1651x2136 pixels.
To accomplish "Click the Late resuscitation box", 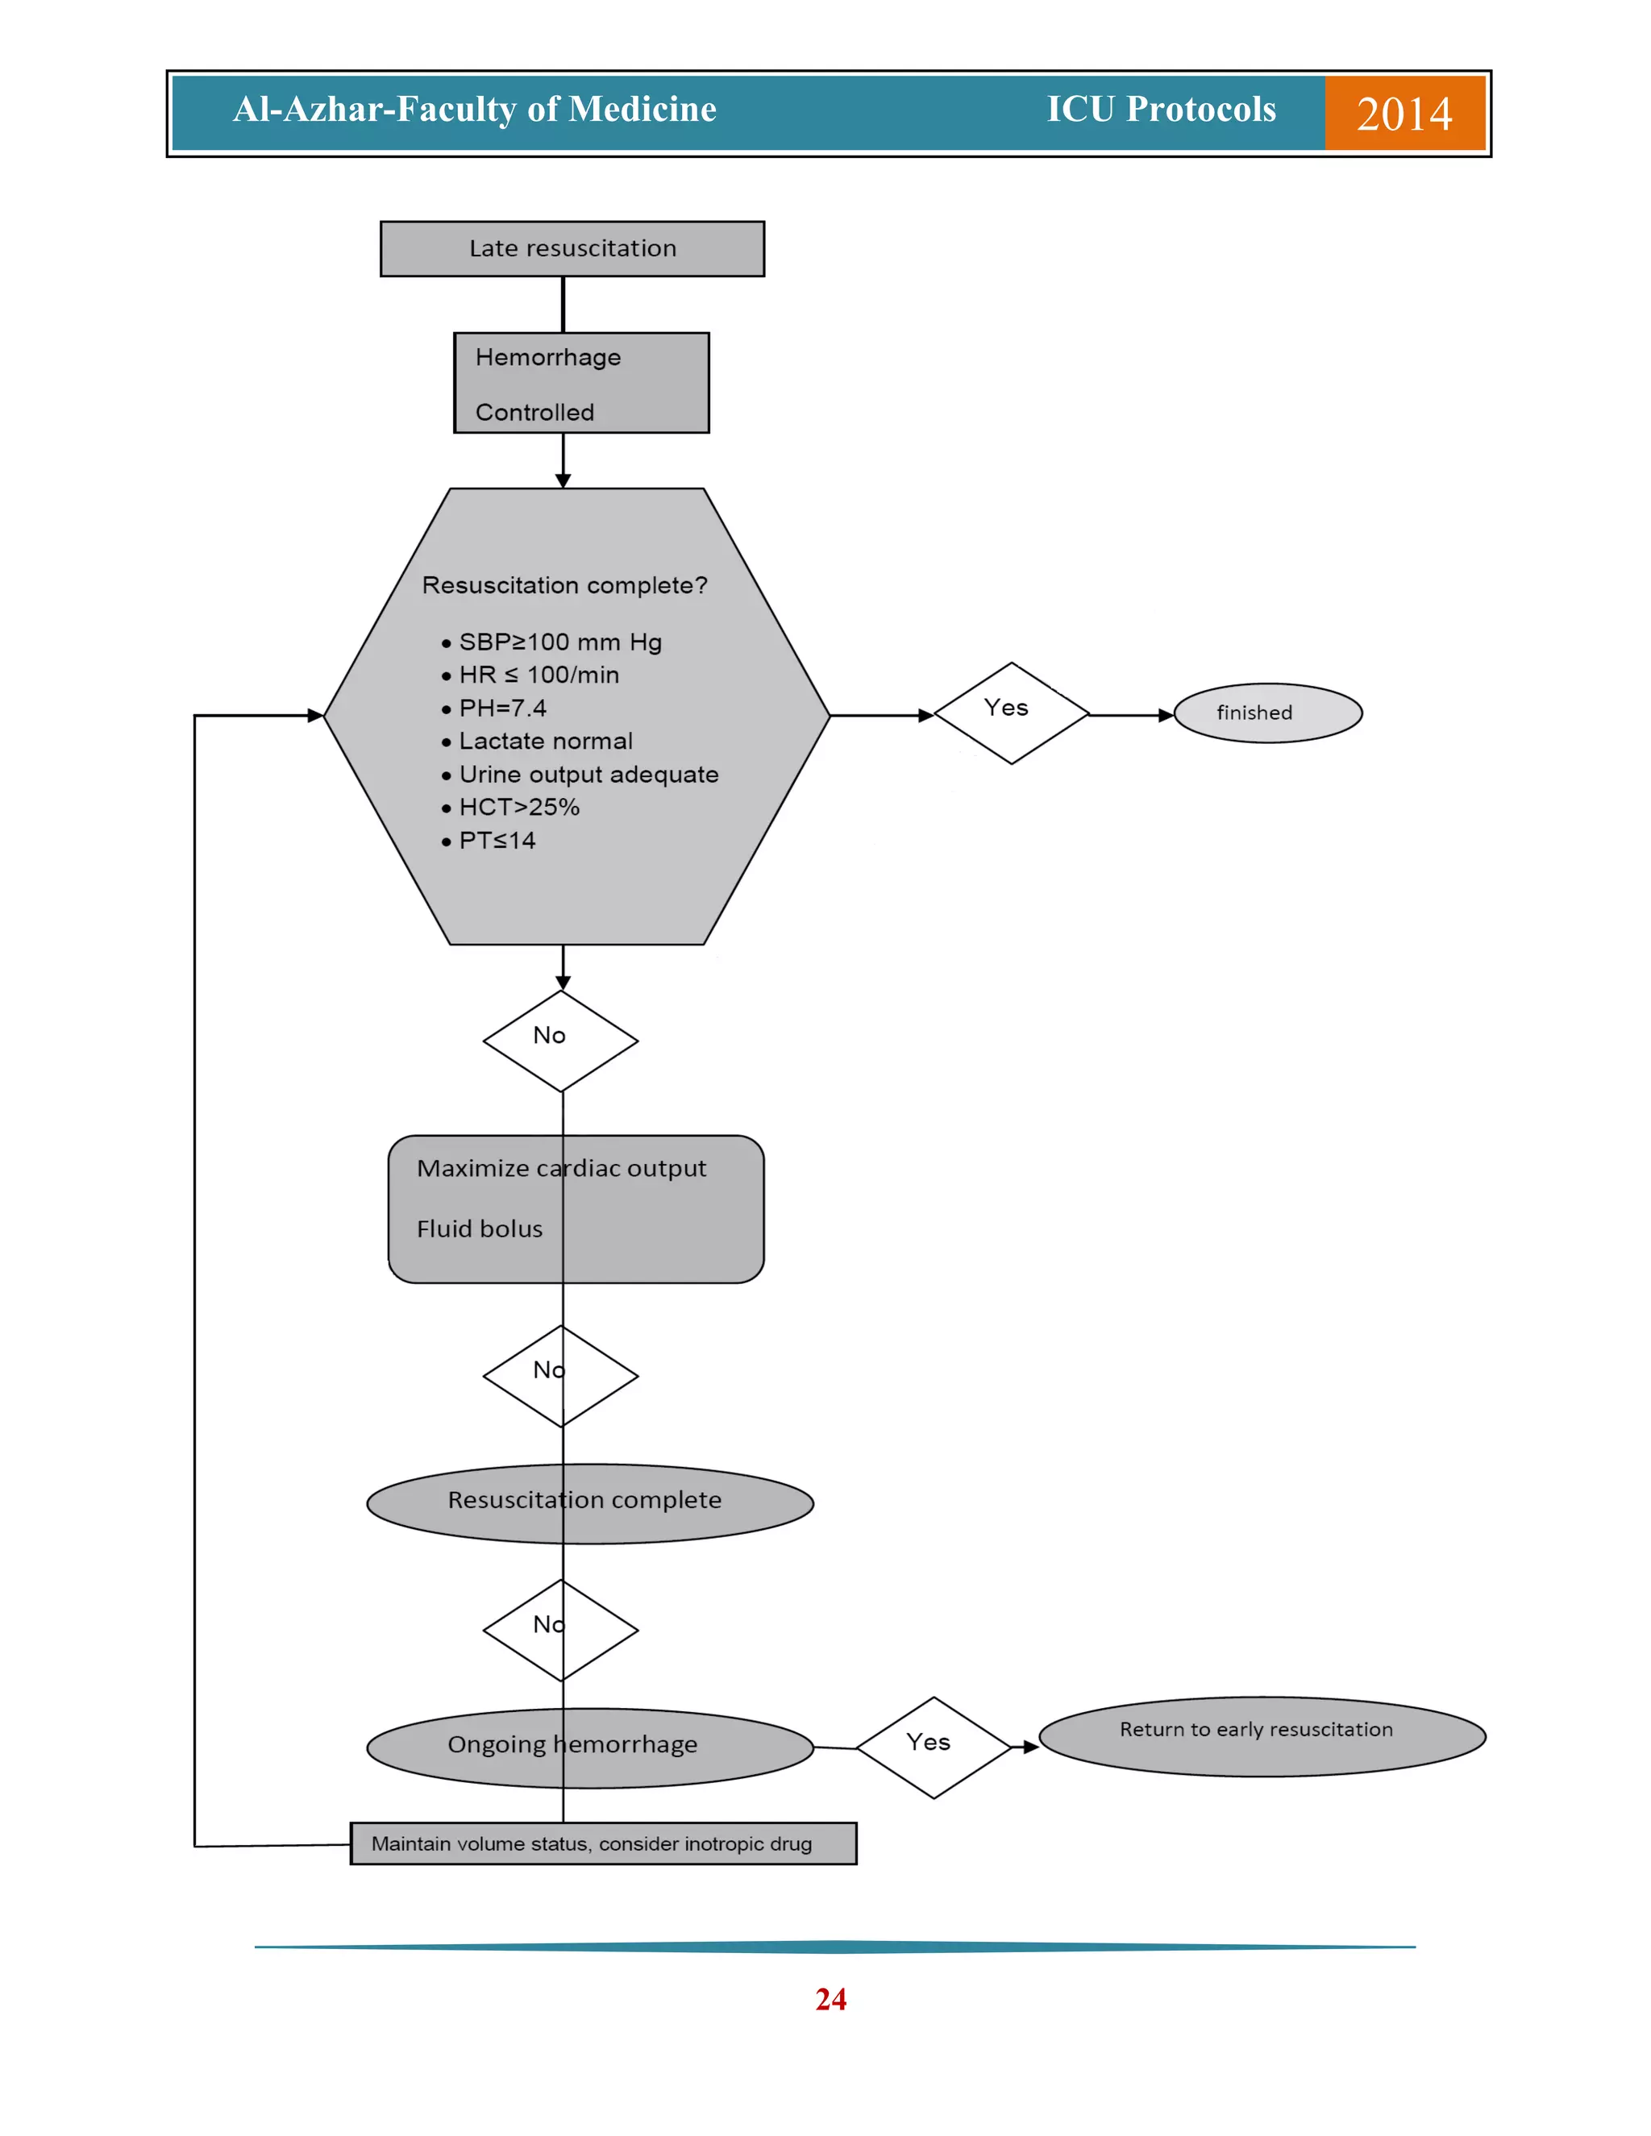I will tap(572, 248).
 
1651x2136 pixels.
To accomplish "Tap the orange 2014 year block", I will tap(1404, 114).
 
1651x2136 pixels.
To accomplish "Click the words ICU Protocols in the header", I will tap(1161, 110).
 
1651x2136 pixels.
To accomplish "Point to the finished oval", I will tap(1266, 713).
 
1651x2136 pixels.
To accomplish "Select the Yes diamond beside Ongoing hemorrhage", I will tap(932, 1747).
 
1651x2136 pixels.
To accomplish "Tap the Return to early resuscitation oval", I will tap(1261, 1736).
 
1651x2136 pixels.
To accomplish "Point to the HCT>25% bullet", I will tap(518, 808).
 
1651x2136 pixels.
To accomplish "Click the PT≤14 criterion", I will tap(497, 841).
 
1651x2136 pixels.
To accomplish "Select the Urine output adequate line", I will tap(588, 775).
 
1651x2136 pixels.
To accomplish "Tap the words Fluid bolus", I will tap(480, 1229).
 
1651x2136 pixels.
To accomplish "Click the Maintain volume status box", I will tap(602, 1843).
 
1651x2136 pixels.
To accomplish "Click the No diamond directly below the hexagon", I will tap(560, 1041).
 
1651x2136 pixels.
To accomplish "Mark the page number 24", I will tap(830, 1999).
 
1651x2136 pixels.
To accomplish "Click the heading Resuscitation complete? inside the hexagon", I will tap(564, 586).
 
